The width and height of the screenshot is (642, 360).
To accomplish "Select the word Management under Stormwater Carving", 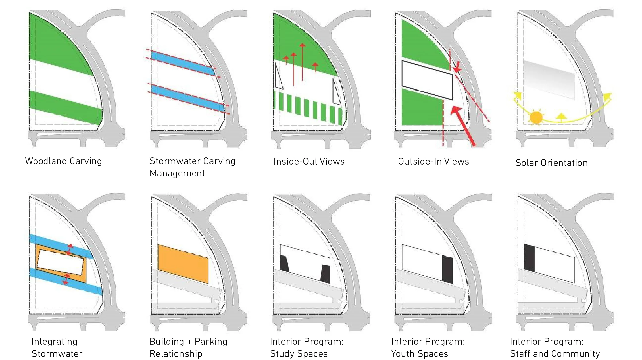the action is point(177,174).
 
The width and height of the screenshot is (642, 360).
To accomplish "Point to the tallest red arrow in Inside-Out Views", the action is point(302,62).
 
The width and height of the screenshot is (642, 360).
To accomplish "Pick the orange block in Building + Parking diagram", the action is point(183,263).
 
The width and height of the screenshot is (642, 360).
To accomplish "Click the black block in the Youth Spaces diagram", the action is point(447,269).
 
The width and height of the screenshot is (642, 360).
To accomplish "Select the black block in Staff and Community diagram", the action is point(529,258).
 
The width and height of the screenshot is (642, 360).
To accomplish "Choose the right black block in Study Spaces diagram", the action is point(326,274).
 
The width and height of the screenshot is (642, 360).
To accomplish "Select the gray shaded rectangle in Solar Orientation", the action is point(549,80).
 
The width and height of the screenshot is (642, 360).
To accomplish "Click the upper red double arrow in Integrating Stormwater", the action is point(69,249).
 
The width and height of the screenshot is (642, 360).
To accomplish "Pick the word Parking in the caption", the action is point(211,342).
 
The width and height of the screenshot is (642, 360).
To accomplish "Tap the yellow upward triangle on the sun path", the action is point(561,116).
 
